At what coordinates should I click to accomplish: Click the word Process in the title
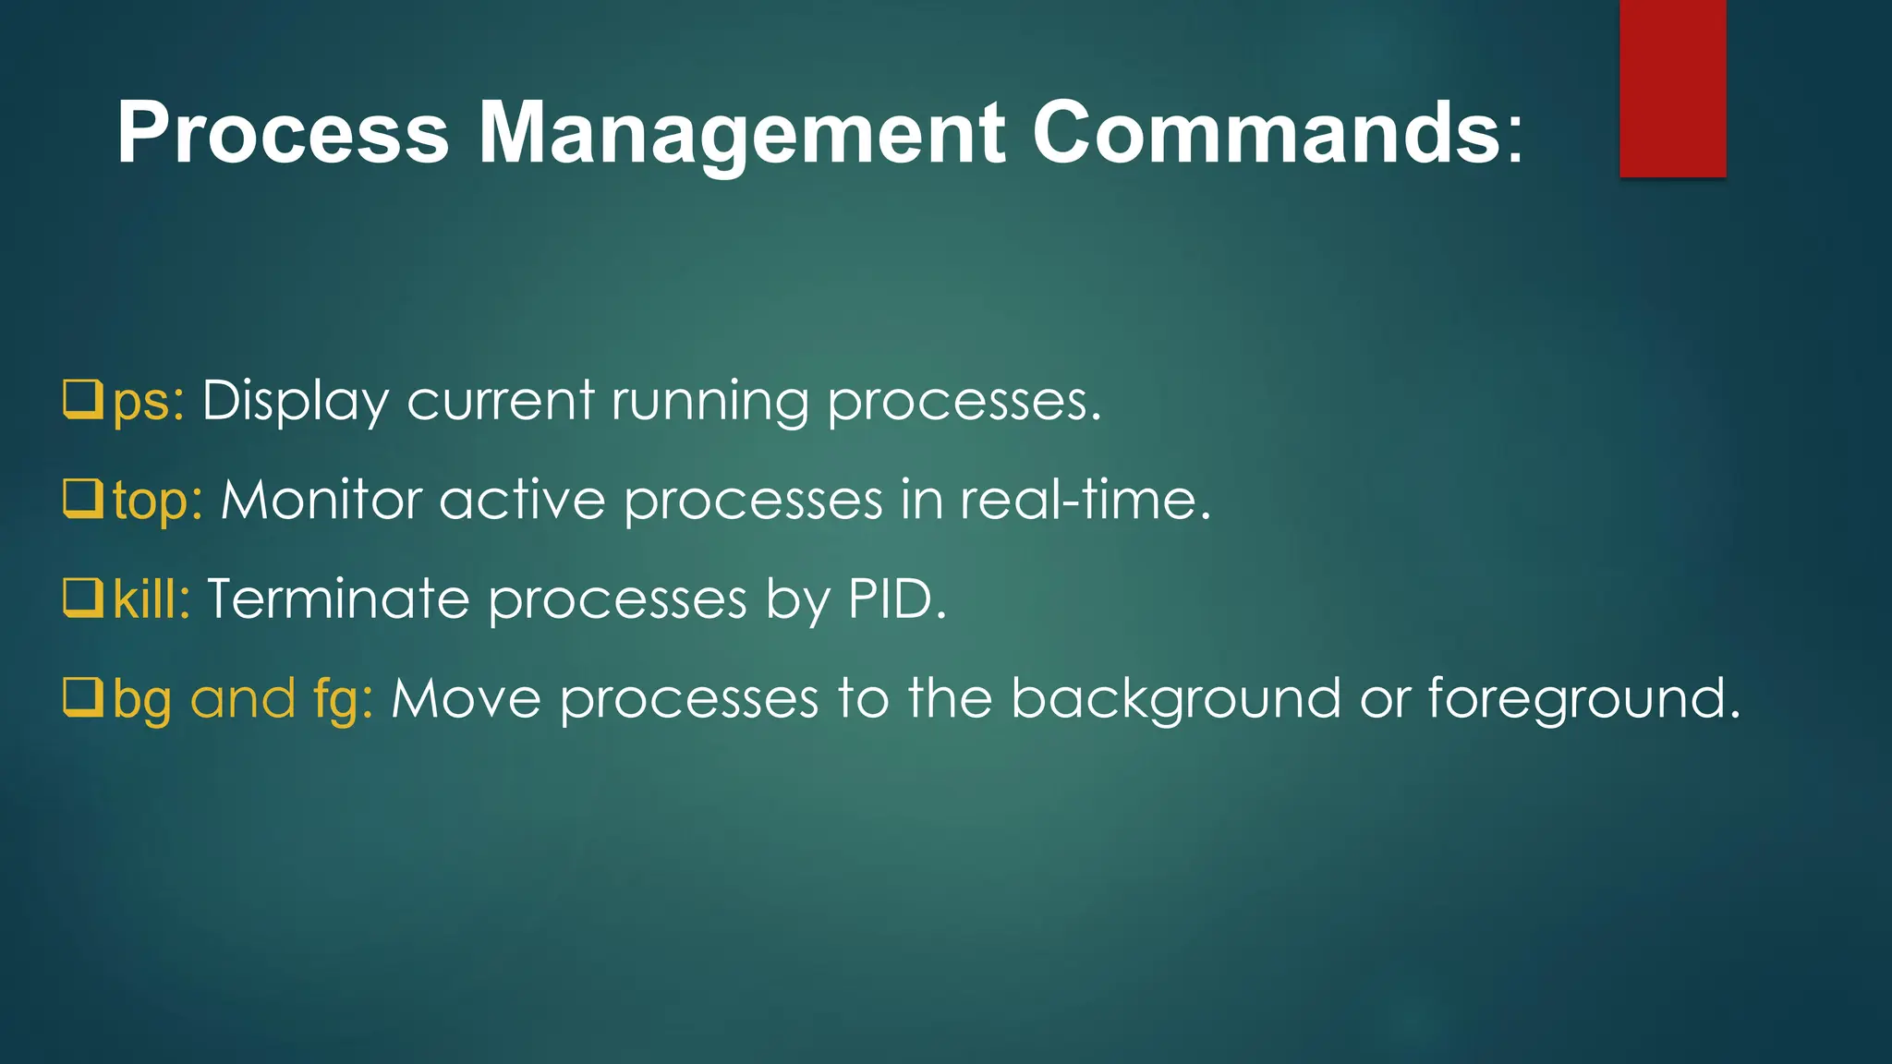(283, 133)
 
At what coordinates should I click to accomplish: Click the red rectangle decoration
(1672, 88)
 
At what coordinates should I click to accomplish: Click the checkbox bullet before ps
(82, 399)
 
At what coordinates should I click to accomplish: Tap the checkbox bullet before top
(82, 499)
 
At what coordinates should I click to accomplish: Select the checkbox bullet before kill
(82, 598)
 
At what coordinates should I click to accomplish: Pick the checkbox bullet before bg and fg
(82, 697)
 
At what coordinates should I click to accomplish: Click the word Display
(296, 402)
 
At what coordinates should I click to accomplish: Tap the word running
(709, 403)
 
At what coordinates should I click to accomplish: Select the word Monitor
(321, 501)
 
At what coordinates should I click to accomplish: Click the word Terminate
(338, 599)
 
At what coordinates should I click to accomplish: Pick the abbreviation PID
(896, 599)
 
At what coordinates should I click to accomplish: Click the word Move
(466, 699)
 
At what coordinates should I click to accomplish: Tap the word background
(1175, 699)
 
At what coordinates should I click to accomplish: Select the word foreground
(1583, 699)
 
